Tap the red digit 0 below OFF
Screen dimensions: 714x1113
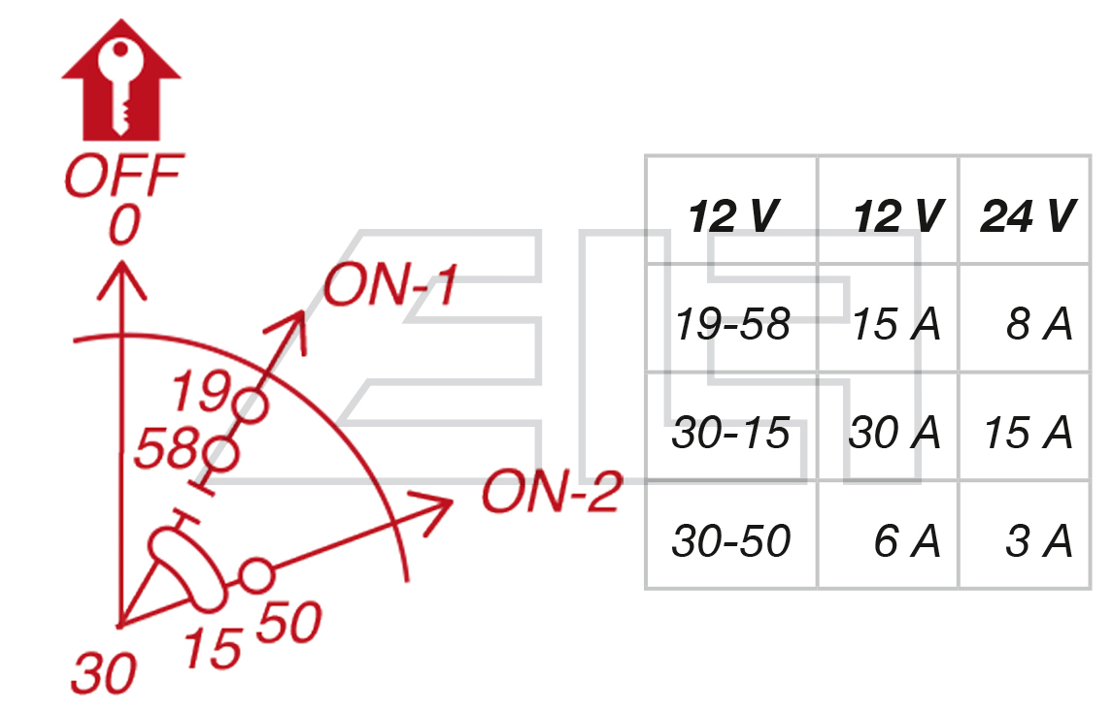(123, 227)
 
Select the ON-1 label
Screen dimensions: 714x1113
(388, 286)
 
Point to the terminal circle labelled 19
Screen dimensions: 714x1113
(251, 406)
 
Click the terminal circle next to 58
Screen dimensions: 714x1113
(223, 452)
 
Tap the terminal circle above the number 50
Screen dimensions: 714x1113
(255, 577)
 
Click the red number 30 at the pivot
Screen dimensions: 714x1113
(102, 672)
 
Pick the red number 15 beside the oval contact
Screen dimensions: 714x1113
(212, 647)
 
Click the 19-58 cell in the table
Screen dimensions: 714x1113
(731, 324)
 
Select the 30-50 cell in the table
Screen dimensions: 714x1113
(731, 540)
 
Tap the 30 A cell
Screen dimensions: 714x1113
(894, 433)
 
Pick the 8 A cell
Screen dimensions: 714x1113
(1038, 324)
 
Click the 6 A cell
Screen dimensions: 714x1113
(907, 540)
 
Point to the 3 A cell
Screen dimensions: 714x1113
(1038, 540)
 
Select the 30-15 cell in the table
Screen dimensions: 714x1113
(731, 433)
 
